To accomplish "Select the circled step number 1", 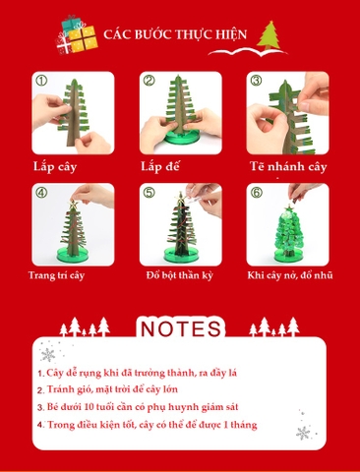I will pos(40,81).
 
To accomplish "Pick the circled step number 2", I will pos(149,81).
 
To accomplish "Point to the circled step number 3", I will pos(255,81).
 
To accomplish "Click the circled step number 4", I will pos(40,193).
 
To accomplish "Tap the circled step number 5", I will pos(149,193).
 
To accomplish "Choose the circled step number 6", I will pos(255,193).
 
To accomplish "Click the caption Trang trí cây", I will pos(56,275).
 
